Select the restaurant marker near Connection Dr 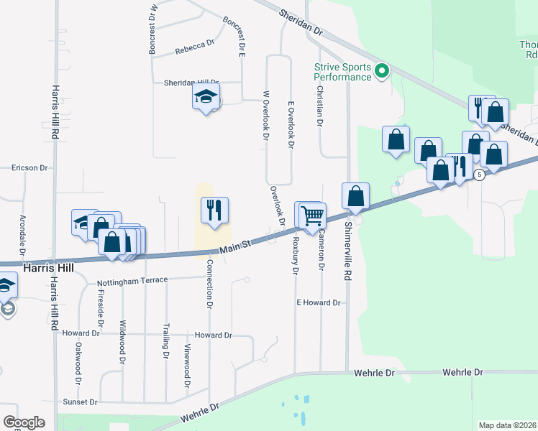[x=214, y=210]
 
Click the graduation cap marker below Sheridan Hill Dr [x=206, y=96]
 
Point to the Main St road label [x=234, y=246]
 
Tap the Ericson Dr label [x=29, y=168]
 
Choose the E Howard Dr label [x=318, y=303]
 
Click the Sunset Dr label [x=79, y=402]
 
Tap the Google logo [x=24, y=422]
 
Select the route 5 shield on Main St [x=480, y=175]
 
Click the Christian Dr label [x=319, y=104]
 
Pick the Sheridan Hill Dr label [x=191, y=83]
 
